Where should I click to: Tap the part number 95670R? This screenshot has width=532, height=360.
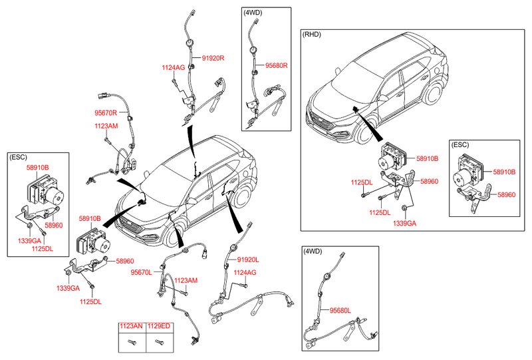[x=106, y=113]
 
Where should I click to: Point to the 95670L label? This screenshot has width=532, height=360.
[x=142, y=272]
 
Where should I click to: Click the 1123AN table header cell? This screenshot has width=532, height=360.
[x=130, y=327]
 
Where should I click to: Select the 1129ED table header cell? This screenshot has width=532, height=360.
[x=158, y=327]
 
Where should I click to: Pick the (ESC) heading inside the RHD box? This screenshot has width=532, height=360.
[x=461, y=144]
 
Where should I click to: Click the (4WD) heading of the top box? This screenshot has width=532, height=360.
[x=253, y=13]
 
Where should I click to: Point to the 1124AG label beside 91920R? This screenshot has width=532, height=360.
[x=174, y=68]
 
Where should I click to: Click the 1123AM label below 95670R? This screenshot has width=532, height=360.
[x=106, y=126]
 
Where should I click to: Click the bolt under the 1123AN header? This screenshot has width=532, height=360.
[x=130, y=343]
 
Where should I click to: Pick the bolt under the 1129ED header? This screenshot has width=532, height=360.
[x=158, y=343]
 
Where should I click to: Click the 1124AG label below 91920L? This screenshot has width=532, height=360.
[x=245, y=272]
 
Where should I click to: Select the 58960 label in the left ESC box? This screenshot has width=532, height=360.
[x=53, y=226]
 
